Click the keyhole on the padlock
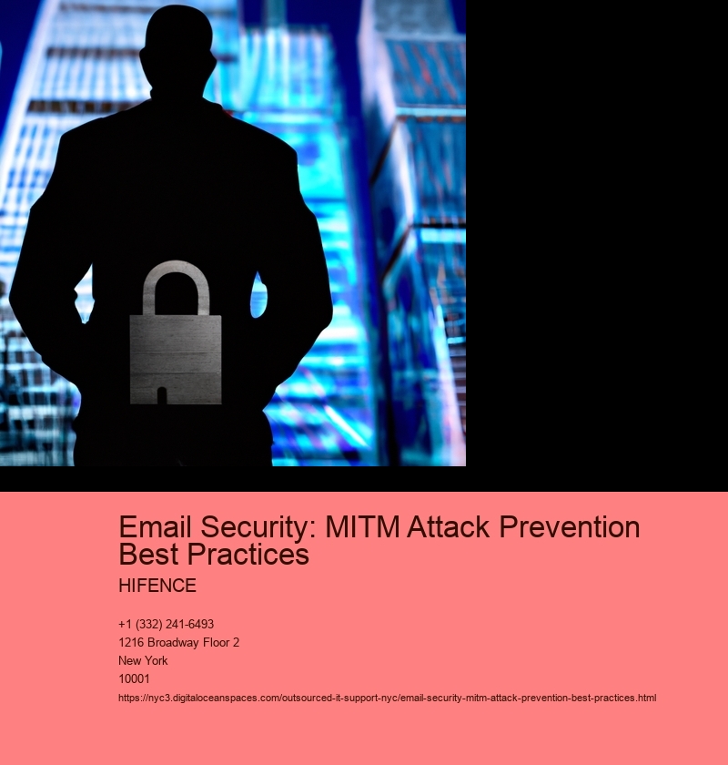coord(162,395)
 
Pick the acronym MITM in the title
coord(362,527)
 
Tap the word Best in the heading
coord(148,554)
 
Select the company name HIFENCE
coord(157,586)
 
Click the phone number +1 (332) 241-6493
coord(167,624)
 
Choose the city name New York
coord(143,660)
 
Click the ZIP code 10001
coord(134,678)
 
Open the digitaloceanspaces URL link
coord(387,698)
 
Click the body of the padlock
coord(176,359)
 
